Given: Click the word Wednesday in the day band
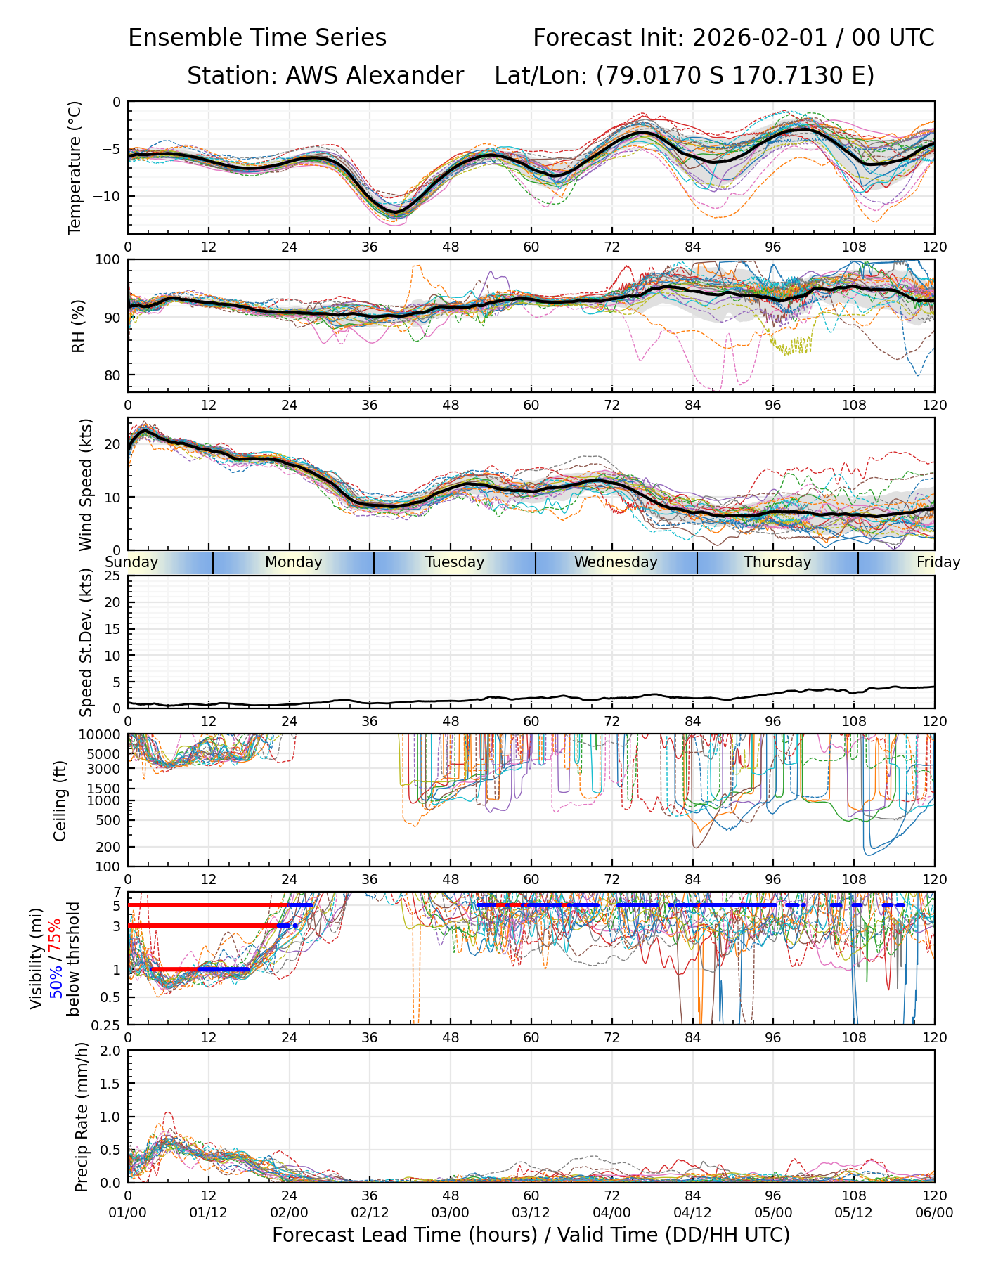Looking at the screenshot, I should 616,562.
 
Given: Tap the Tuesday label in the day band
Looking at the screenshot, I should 455,562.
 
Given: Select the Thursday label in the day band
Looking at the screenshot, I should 777,562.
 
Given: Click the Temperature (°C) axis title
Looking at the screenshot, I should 75,167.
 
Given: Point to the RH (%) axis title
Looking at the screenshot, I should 78,325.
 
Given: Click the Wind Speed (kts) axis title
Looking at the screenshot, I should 86,484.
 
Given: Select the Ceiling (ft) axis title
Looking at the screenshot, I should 60,800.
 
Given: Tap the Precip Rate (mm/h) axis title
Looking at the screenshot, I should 82,1117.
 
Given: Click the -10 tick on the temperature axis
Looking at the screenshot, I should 110,196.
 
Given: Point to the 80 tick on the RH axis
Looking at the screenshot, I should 112,375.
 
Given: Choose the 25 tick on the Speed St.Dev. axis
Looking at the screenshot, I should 112,576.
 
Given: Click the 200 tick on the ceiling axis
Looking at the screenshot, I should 108,847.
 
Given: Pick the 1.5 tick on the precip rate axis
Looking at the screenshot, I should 111,1084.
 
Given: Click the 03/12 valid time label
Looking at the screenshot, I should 531,1213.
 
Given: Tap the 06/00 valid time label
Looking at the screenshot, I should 934,1213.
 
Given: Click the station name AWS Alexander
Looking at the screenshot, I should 375,75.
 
